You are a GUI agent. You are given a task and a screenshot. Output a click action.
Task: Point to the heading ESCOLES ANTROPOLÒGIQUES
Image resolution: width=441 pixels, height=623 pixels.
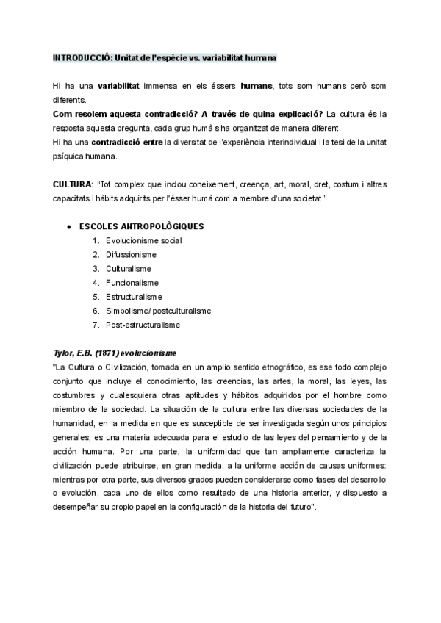tap(141, 226)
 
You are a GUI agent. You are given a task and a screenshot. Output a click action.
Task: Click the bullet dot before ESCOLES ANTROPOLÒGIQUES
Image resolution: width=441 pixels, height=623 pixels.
tap(68, 226)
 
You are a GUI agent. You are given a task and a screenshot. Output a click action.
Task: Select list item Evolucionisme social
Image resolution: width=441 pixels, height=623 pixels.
tap(143, 240)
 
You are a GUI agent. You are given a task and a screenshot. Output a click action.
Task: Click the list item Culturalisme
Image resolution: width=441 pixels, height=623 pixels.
tap(129, 268)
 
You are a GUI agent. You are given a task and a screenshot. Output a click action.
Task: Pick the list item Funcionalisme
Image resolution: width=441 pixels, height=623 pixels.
tap(132, 282)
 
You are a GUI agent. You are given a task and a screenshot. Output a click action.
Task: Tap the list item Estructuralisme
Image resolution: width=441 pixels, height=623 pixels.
tap(133, 296)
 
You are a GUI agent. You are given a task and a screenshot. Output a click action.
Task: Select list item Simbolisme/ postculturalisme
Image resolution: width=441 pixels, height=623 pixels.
tap(158, 310)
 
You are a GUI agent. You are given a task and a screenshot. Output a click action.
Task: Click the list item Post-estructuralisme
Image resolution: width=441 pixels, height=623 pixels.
tap(142, 324)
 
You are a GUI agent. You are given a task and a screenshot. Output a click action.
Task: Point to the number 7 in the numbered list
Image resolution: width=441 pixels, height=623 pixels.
tap(96, 324)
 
